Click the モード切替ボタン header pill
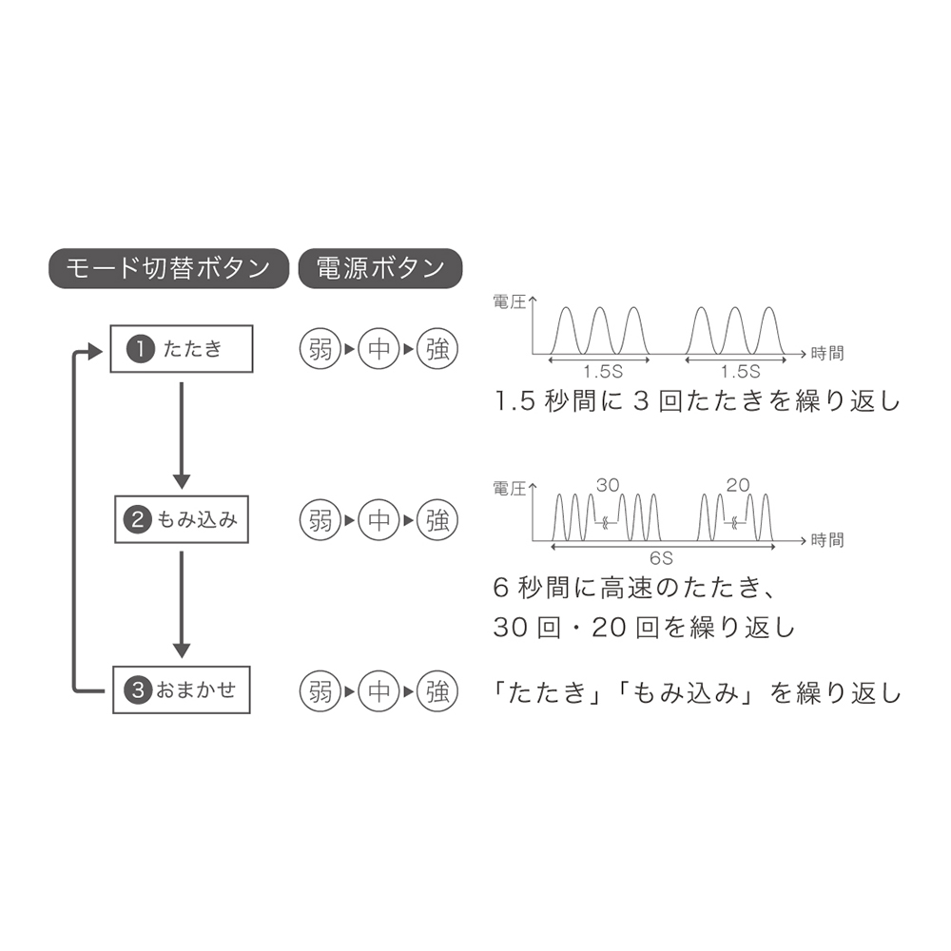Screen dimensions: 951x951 coord(168,268)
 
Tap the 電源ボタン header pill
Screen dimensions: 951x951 coord(380,268)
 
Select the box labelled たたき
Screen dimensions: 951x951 coord(182,349)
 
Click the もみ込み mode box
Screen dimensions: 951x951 coord(182,519)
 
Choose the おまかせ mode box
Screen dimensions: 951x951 coord(182,689)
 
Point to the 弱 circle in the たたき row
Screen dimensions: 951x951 coord(320,349)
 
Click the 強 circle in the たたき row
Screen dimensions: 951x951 coord(437,349)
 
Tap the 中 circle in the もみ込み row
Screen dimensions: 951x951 coord(379,520)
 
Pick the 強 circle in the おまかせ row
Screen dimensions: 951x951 coord(437,690)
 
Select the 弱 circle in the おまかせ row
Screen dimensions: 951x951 coord(320,690)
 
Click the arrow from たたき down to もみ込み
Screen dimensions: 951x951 coord(182,436)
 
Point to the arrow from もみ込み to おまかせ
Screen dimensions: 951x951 coord(182,605)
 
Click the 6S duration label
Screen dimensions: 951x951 coord(661,558)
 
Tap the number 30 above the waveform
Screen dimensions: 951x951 coord(608,485)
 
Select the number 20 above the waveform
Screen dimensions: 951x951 coord(738,485)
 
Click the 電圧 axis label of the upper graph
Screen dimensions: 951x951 coord(510,302)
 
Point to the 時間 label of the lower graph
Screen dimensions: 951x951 coord(827,539)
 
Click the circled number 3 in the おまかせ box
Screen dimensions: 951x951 coord(138,690)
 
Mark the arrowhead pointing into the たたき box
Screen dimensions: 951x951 coord(95,351)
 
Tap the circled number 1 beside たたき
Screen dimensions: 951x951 coord(141,349)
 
